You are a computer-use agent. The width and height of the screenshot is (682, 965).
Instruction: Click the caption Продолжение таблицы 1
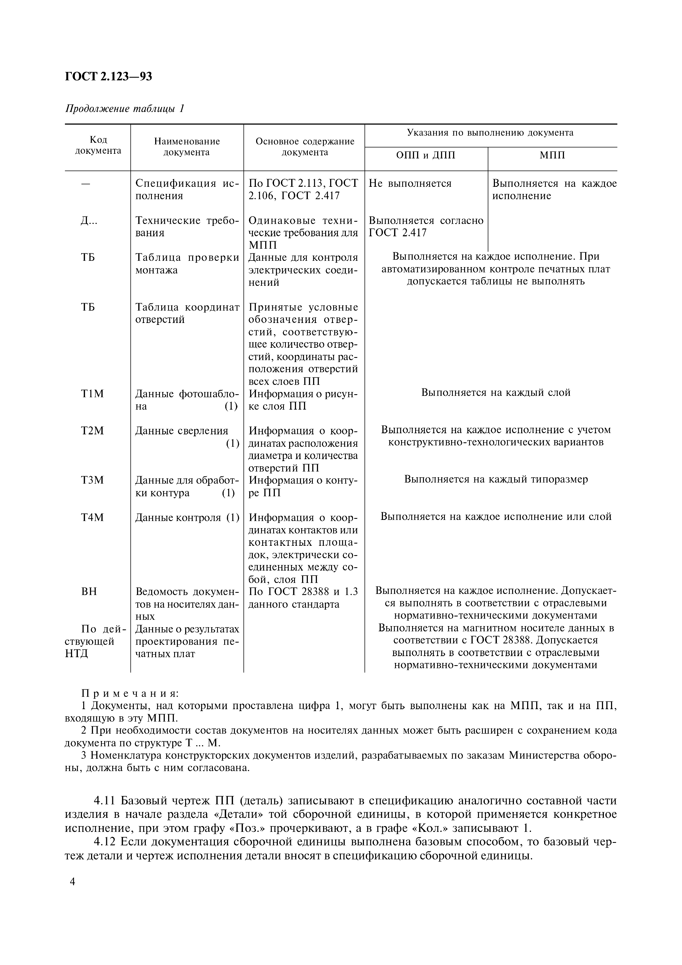click(x=125, y=109)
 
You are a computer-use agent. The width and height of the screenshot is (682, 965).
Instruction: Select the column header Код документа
click(x=98, y=146)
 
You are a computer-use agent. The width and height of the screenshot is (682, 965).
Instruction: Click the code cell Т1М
click(x=92, y=394)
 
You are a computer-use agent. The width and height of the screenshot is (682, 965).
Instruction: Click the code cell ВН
click(x=89, y=592)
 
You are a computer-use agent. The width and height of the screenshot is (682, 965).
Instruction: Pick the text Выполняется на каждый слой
click(x=496, y=393)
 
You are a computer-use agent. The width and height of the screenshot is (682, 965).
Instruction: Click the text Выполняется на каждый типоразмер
click(x=496, y=479)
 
